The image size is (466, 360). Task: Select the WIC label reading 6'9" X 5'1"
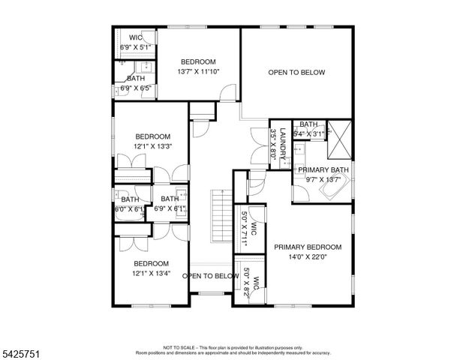tap(136, 46)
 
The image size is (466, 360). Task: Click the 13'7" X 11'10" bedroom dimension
tap(197, 72)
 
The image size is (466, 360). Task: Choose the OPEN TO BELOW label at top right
tap(296, 72)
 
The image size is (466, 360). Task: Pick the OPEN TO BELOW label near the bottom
tap(211, 276)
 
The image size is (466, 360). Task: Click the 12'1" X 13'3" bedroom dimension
tap(153, 146)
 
